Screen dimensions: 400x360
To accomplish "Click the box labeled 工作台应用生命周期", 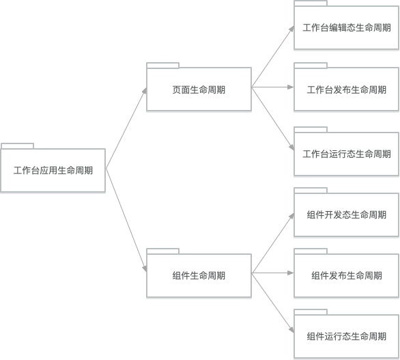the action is pyautogui.click(x=53, y=170).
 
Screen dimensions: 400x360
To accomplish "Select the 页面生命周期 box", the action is pyautogui.click(x=199, y=89).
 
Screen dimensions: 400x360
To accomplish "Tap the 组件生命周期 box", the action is pyautogui.click(x=199, y=275).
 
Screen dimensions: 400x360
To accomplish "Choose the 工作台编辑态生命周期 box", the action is pyautogui.click(x=347, y=27).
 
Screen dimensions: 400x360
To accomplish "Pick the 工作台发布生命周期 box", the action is pyautogui.click(x=347, y=89).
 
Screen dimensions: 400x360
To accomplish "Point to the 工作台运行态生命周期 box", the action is pyautogui.click(x=347, y=154).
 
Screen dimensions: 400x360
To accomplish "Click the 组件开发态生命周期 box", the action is pyautogui.click(x=347, y=214).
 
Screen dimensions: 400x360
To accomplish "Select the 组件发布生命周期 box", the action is pyautogui.click(x=347, y=275).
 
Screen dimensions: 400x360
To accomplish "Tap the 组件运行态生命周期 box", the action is pyautogui.click(x=347, y=336).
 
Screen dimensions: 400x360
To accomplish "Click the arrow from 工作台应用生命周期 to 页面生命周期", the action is pyautogui.click(x=126, y=128).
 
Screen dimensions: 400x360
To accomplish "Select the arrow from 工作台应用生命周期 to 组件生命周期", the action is pyautogui.click(x=126, y=221).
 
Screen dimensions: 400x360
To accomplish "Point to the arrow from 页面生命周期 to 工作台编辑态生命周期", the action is pyautogui.click(x=273, y=56).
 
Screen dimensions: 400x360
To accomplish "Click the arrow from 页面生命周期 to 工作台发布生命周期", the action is pyautogui.click(x=273, y=87).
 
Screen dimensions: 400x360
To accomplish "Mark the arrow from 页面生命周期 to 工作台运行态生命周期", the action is pyautogui.click(x=273, y=119).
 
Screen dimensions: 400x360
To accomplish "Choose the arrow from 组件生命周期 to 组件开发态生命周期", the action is pyautogui.click(x=273, y=243).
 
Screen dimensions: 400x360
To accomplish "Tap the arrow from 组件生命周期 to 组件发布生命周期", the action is pyautogui.click(x=273, y=273).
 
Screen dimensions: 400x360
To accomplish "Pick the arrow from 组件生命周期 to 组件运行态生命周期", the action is pyautogui.click(x=273, y=303).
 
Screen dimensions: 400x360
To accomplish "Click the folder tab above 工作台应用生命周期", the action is pyautogui.click(x=17, y=146).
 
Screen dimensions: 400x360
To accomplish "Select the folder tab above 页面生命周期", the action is pyautogui.click(x=163, y=65).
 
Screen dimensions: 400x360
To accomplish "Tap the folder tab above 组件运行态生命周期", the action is pyautogui.click(x=311, y=312).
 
